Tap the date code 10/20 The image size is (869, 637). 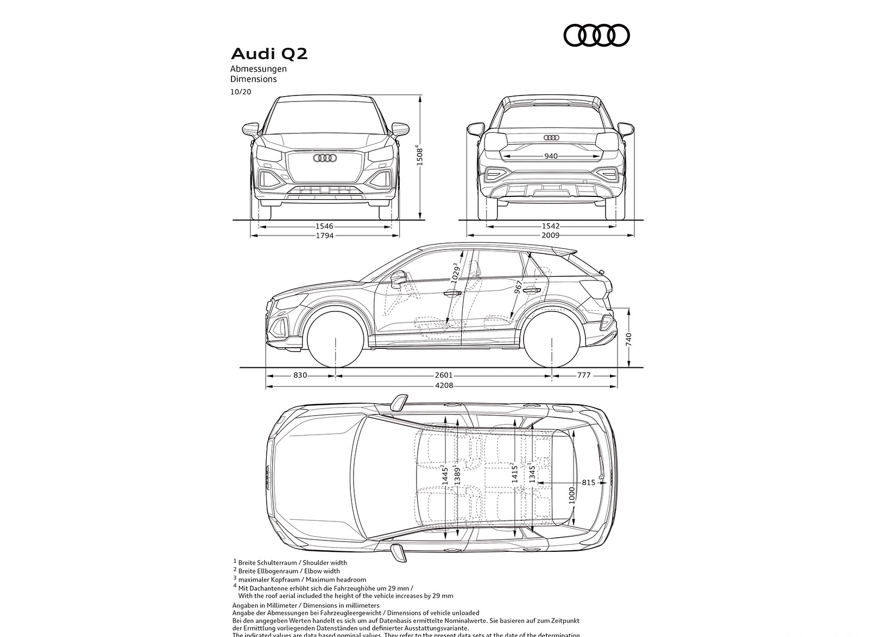click(x=241, y=92)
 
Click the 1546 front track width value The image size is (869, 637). click(x=324, y=226)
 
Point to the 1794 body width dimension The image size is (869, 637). click(x=324, y=235)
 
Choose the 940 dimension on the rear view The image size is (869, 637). click(x=551, y=156)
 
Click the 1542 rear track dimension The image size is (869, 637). click(x=551, y=226)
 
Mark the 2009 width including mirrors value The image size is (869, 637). click(x=551, y=235)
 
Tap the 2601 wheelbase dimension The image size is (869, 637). click(x=444, y=375)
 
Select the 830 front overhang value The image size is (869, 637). click(x=300, y=375)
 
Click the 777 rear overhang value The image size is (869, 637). click(x=584, y=375)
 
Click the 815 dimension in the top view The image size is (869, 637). click(x=588, y=482)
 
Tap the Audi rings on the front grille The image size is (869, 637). click(x=325, y=158)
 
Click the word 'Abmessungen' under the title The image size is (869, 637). click(x=258, y=69)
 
